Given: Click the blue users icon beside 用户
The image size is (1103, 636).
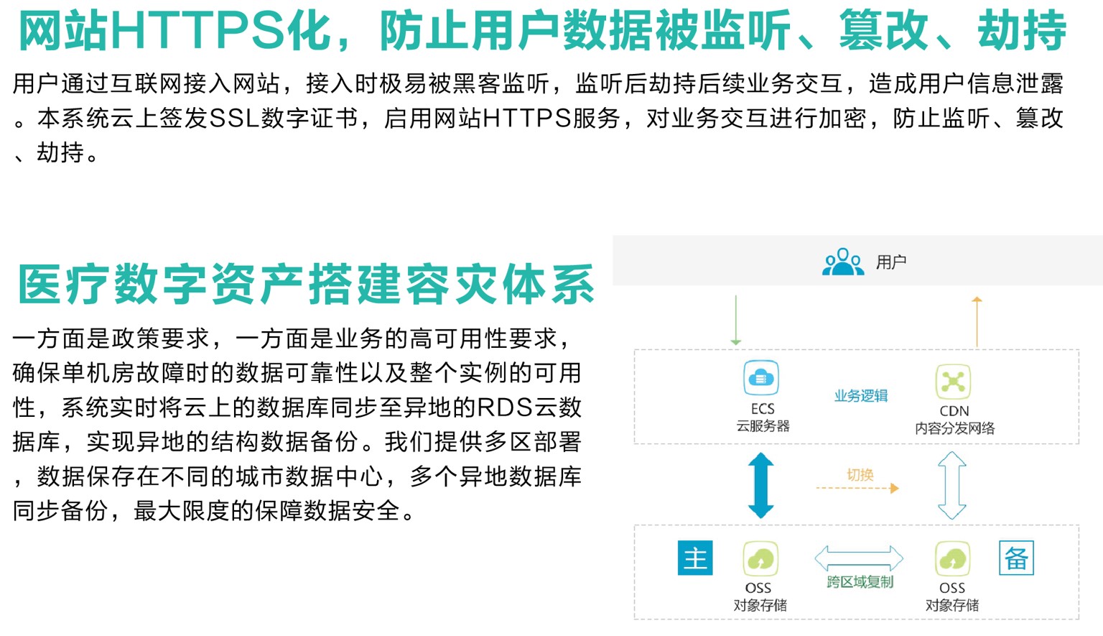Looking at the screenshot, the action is pyautogui.click(x=843, y=262).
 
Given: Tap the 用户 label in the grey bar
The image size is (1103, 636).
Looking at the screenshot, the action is pyautogui.click(x=891, y=262).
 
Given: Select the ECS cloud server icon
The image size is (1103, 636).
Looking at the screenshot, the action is pyautogui.click(x=761, y=378).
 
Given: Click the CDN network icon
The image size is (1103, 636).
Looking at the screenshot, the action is pyautogui.click(x=954, y=382).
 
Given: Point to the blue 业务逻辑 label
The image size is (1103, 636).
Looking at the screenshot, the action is pyautogui.click(x=861, y=395).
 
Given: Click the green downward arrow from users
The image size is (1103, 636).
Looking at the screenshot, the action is pyautogui.click(x=735, y=321).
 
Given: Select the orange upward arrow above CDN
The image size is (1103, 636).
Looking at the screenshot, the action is pyautogui.click(x=977, y=322).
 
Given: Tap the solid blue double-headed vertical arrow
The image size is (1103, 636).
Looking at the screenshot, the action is pyautogui.click(x=760, y=485).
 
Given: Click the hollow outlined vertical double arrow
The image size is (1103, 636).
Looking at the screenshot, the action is pyautogui.click(x=952, y=485).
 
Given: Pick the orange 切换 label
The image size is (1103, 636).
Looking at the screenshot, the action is pyautogui.click(x=860, y=474).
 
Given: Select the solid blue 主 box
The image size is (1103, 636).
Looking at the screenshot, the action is pyautogui.click(x=695, y=558).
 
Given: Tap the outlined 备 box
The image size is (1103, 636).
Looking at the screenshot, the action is pyautogui.click(x=1016, y=558).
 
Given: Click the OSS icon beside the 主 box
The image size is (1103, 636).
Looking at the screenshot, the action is pyautogui.click(x=760, y=558).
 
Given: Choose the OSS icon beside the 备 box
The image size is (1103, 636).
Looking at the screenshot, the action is pyautogui.click(x=953, y=558).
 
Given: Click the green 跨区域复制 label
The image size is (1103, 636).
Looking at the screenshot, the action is pyautogui.click(x=860, y=582).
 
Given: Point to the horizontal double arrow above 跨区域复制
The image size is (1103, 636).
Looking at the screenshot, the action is pyautogui.click(x=860, y=558).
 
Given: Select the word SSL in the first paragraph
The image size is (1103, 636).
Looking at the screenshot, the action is pyautogui.click(x=235, y=119).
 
